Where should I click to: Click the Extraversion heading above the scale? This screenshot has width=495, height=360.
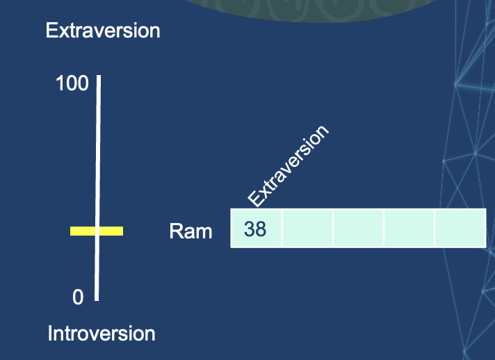coord(103,31)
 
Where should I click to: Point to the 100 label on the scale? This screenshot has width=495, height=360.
coord(72,84)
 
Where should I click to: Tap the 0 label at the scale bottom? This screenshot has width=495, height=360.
coord(78,297)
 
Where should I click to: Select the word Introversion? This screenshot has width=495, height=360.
coord(102,334)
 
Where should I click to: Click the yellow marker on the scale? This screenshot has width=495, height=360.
coord(97,231)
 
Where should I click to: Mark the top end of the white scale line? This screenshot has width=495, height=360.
coord(99,76)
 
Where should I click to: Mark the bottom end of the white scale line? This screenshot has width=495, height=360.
coord(97,299)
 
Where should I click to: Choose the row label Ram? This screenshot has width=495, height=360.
coord(190,231)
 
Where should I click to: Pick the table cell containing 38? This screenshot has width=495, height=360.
coord(257,228)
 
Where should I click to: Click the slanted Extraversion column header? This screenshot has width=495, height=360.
coord(287,167)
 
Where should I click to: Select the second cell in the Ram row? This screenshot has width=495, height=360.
coord(307,228)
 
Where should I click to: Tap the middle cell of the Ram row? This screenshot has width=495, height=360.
coord(358,228)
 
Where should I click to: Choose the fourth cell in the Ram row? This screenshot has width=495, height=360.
coord(409,228)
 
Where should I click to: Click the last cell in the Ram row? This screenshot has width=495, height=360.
coord(460,228)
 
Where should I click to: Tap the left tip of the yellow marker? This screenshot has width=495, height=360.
coord(72,231)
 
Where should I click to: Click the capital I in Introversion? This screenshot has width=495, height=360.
coord(50,334)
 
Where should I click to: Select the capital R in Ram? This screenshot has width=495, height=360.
coord(175,231)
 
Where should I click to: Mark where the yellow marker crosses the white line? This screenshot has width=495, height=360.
coord(97,231)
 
